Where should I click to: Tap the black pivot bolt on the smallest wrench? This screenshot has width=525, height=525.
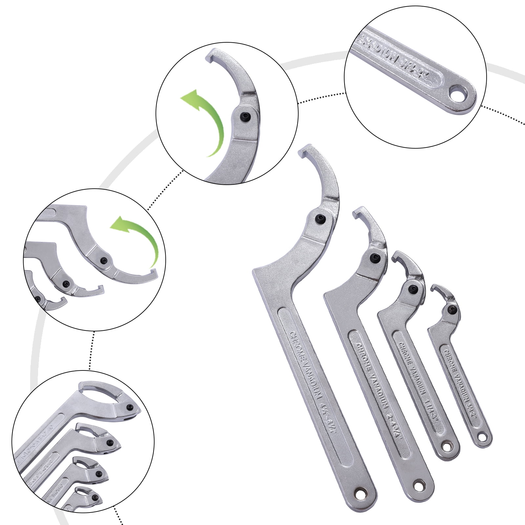coord(452,309)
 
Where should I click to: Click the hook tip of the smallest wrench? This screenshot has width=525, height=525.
coord(434,288)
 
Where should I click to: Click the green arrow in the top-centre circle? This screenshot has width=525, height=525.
coord(202,121)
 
